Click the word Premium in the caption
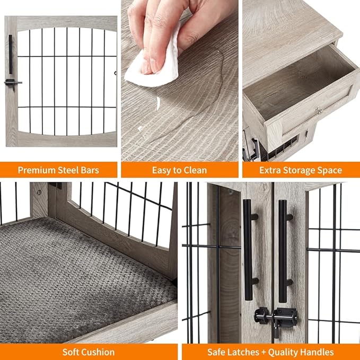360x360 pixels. point(37,170)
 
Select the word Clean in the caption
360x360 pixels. point(194,170)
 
